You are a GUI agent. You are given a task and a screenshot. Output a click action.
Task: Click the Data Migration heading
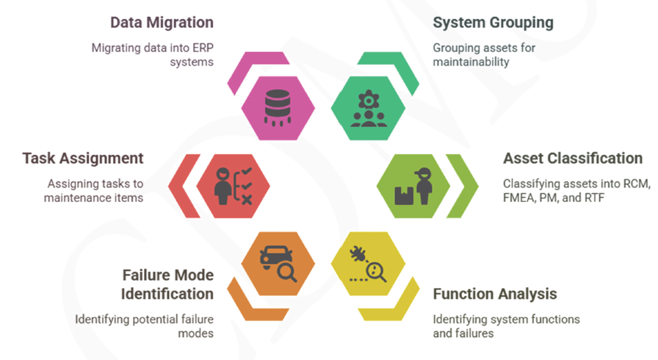click(162, 23)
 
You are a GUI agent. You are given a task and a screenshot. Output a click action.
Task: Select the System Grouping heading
click(493, 23)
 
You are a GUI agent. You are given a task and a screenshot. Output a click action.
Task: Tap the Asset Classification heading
click(572, 158)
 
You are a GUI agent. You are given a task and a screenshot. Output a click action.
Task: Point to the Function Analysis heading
click(495, 295)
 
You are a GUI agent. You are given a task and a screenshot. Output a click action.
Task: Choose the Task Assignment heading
click(83, 158)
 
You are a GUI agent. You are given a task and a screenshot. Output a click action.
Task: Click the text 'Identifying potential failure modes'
click(144, 325)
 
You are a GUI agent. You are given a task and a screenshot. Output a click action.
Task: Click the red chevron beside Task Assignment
click(181, 186)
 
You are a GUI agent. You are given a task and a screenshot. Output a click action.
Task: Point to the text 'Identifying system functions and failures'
click(506, 325)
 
